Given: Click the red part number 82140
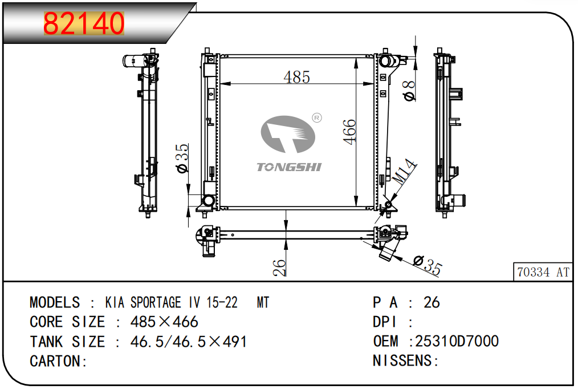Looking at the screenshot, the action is click(x=84, y=23).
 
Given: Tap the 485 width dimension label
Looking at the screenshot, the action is click(x=297, y=77).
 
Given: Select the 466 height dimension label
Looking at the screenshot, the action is click(x=349, y=132).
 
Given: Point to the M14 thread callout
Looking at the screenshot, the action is click(x=404, y=172).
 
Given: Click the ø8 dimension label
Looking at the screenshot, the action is click(x=409, y=91).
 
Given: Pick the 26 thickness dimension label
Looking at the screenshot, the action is click(x=279, y=268).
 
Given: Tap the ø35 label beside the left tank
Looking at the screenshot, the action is click(x=182, y=158).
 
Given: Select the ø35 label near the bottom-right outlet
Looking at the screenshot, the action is click(x=428, y=265).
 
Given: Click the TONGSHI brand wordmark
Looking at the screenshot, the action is click(x=289, y=167).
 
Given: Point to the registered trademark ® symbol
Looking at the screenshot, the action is click(x=317, y=117).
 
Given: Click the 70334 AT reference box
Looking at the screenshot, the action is click(x=543, y=272).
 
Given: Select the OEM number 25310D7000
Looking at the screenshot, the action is click(x=457, y=341).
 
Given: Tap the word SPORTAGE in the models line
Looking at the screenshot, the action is click(x=156, y=302).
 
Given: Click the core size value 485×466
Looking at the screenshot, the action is click(x=164, y=322).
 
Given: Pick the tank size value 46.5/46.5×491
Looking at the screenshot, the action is click(x=189, y=342).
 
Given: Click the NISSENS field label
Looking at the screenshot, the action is click(x=402, y=360).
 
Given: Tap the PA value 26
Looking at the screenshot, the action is click(x=432, y=302).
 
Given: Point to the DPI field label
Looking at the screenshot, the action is click(x=384, y=322).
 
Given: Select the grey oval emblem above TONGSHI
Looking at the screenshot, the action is click(x=288, y=134).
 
